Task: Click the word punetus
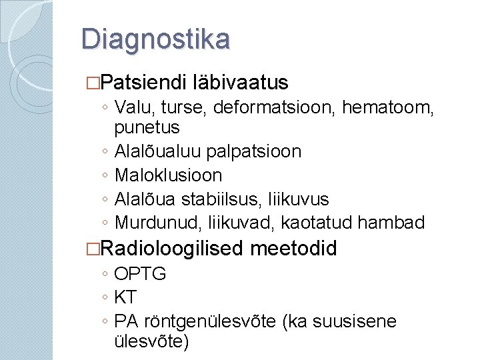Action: coord(147,127)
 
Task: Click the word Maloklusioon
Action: coord(169,175)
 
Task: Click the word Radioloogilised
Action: coord(174,249)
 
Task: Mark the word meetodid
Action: coord(294,249)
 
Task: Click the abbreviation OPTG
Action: coord(140,273)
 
